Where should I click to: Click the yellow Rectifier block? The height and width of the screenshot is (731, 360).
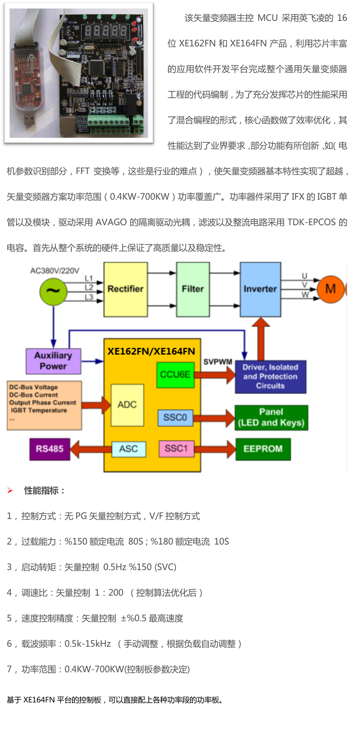125,289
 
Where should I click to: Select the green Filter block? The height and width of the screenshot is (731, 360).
193,289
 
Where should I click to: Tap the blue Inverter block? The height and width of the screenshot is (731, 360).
260,289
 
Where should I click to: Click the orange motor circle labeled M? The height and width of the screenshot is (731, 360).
331,289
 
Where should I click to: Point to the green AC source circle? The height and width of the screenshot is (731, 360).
53,292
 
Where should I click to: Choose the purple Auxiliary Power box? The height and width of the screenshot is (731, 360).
53,361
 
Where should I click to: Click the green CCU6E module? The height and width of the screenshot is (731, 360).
175,375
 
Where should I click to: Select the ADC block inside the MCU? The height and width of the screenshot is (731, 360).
127,405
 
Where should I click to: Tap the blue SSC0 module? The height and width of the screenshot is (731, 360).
175,417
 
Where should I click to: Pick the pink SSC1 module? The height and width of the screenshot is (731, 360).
176,448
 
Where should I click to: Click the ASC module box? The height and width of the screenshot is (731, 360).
129,449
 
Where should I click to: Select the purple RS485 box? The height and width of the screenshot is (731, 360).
50,449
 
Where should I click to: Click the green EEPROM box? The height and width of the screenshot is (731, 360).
263,449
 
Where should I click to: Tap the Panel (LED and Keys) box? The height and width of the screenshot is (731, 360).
271,417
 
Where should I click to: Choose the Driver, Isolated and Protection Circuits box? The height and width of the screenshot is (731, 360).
270,377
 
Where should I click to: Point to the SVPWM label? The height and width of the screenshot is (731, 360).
218,362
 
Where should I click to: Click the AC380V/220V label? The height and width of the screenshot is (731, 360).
55,271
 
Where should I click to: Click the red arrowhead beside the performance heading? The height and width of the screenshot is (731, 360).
10,490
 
